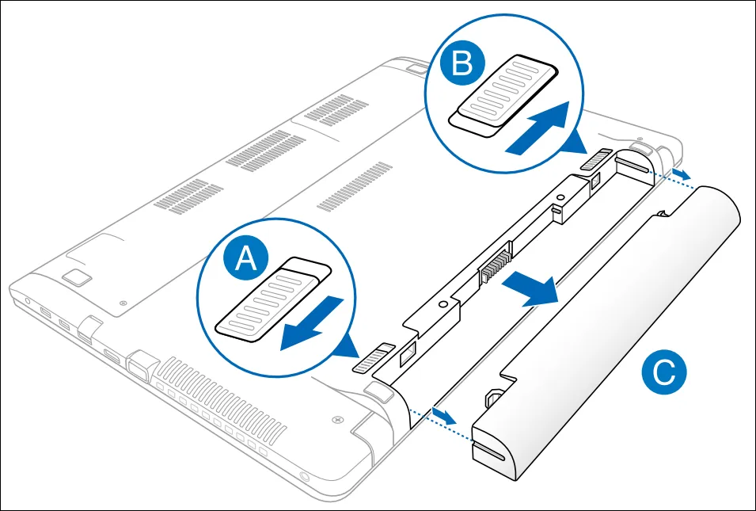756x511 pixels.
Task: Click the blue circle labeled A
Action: point(248,259)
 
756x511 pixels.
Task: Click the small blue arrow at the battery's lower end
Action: point(444,416)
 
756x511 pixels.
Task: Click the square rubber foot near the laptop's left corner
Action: point(77,276)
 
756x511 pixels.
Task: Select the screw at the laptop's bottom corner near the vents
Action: point(338,416)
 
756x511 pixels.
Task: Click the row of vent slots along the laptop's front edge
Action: point(214,412)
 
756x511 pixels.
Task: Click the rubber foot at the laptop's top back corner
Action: point(413,67)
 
